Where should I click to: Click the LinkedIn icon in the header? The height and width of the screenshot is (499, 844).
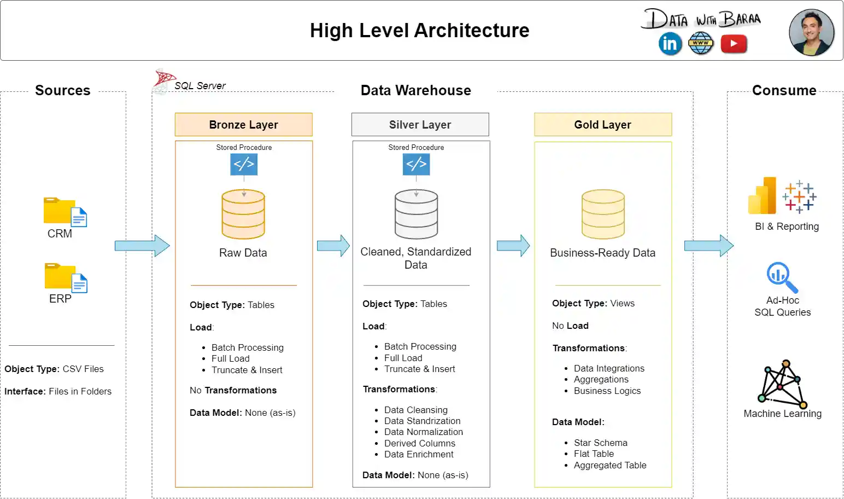[x=670, y=44]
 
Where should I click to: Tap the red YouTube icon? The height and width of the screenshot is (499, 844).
[x=734, y=44]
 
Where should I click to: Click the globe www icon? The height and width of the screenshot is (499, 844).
[x=701, y=44]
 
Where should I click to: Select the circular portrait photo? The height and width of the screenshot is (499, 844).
[x=811, y=32]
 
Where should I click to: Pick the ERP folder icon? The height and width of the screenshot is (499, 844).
[x=65, y=277]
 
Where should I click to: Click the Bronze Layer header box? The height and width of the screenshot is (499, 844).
[x=243, y=125]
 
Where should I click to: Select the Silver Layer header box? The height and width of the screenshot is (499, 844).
[x=420, y=125]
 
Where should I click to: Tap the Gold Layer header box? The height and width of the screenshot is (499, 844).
[x=602, y=125]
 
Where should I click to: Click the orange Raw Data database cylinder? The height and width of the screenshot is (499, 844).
[x=243, y=214]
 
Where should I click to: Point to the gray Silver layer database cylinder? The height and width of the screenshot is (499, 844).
[x=416, y=214]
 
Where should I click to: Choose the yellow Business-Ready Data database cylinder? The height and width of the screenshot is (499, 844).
[x=603, y=214]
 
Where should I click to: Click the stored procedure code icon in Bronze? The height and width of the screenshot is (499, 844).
[x=244, y=164]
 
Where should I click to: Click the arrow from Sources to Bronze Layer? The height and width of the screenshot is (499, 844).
[x=142, y=246]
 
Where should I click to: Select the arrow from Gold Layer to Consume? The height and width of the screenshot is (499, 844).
[x=708, y=246]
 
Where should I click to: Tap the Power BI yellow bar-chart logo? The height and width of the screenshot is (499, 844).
[x=763, y=196]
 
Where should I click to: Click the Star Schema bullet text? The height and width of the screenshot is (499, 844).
[x=600, y=443]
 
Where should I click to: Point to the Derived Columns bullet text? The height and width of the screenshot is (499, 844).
[x=419, y=443]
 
